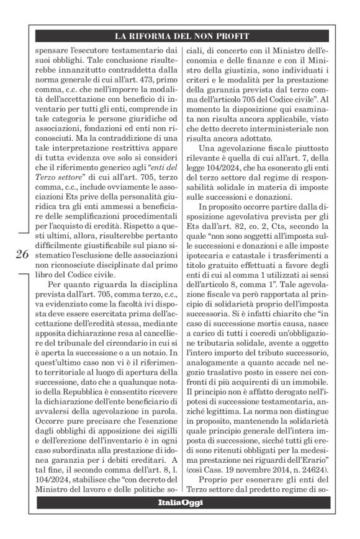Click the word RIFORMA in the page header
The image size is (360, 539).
(155, 36)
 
